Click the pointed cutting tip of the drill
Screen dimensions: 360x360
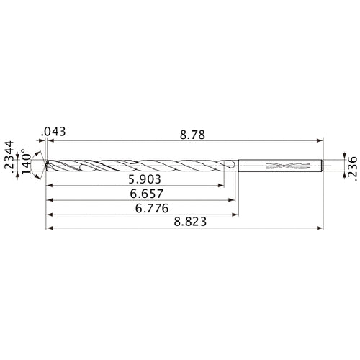pyautogui.click(x=46, y=166)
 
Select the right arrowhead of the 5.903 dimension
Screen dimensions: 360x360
pyautogui.click(x=220, y=185)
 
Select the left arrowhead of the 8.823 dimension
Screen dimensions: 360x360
pyautogui.click(x=49, y=230)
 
